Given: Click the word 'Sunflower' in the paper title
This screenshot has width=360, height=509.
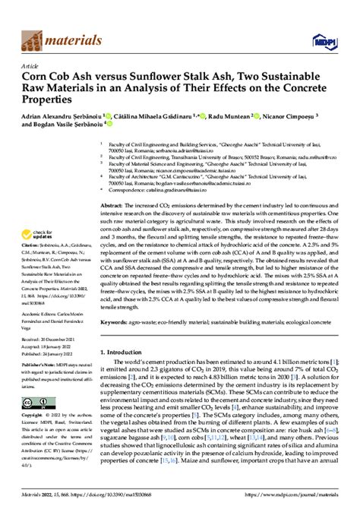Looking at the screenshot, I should [185, 77].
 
